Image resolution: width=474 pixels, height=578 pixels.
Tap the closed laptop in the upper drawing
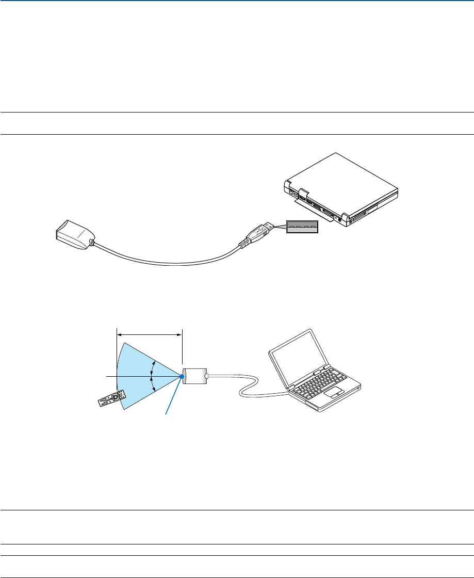click(x=340, y=191)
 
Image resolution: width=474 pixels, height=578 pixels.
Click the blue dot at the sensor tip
click(x=183, y=377)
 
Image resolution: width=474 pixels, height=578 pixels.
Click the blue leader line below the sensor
click(x=174, y=395)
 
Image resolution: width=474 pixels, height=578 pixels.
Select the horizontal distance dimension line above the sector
click(x=150, y=334)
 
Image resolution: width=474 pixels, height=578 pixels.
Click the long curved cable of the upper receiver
click(x=165, y=263)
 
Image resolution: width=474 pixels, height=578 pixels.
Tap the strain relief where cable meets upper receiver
click(x=92, y=242)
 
